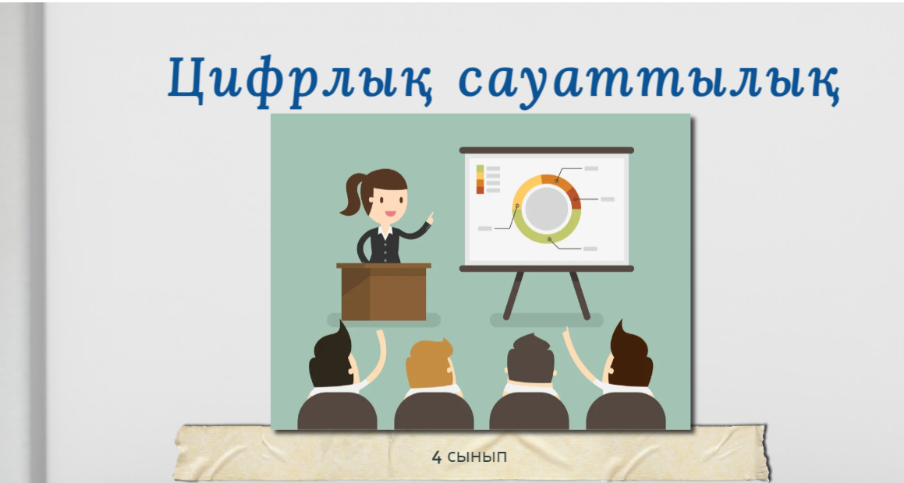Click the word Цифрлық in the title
[300, 79]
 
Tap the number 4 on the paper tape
[437, 457]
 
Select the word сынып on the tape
[477, 457]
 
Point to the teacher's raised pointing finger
[430, 217]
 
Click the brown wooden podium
[384, 291]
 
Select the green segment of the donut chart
[547, 233]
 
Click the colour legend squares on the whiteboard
[480, 180]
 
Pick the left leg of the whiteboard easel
[514, 294]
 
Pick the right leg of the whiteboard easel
[580, 294]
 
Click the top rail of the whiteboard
[547, 150]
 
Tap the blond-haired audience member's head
[430, 364]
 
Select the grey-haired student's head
[530, 360]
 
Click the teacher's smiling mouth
[390, 213]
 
